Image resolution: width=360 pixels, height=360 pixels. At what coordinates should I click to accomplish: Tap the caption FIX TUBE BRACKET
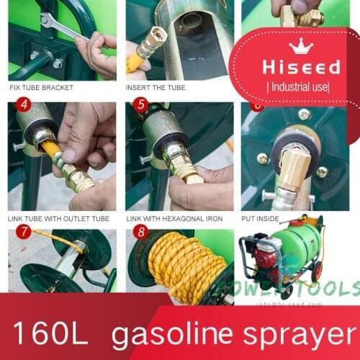click(41, 88)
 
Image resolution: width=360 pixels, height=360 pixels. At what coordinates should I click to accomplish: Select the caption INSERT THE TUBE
click(156, 88)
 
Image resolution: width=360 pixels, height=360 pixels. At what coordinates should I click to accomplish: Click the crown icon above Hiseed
click(299, 48)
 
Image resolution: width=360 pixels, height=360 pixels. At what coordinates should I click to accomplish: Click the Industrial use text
click(298, 86)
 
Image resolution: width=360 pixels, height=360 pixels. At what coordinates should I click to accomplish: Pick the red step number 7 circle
click(23, 232)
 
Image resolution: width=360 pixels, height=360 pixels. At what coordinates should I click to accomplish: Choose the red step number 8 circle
click(140, 232)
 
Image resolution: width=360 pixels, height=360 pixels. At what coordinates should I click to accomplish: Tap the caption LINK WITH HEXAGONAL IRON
click(174, 218)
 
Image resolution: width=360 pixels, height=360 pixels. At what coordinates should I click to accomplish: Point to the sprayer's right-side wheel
click(316, 273)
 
